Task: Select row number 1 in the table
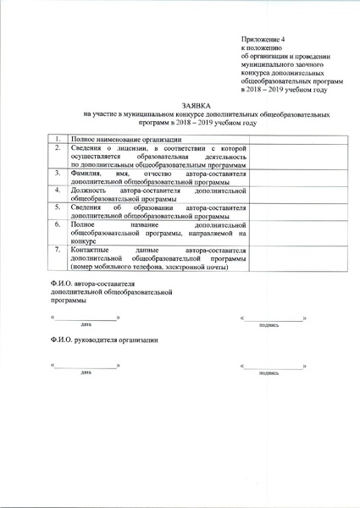click(x=57, y=139)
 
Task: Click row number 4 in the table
click(x=57, y=190)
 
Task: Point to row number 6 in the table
click(x=57, y=225)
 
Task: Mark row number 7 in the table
click(x=57, y=251)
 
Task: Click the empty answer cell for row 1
click(x=281, y=139)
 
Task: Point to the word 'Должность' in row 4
click(x=91, y=190)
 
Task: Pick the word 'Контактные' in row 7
click(x=92, y=251)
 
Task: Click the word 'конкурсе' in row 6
click(x=86, y=240)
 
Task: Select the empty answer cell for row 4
click(x=281, y=195)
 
